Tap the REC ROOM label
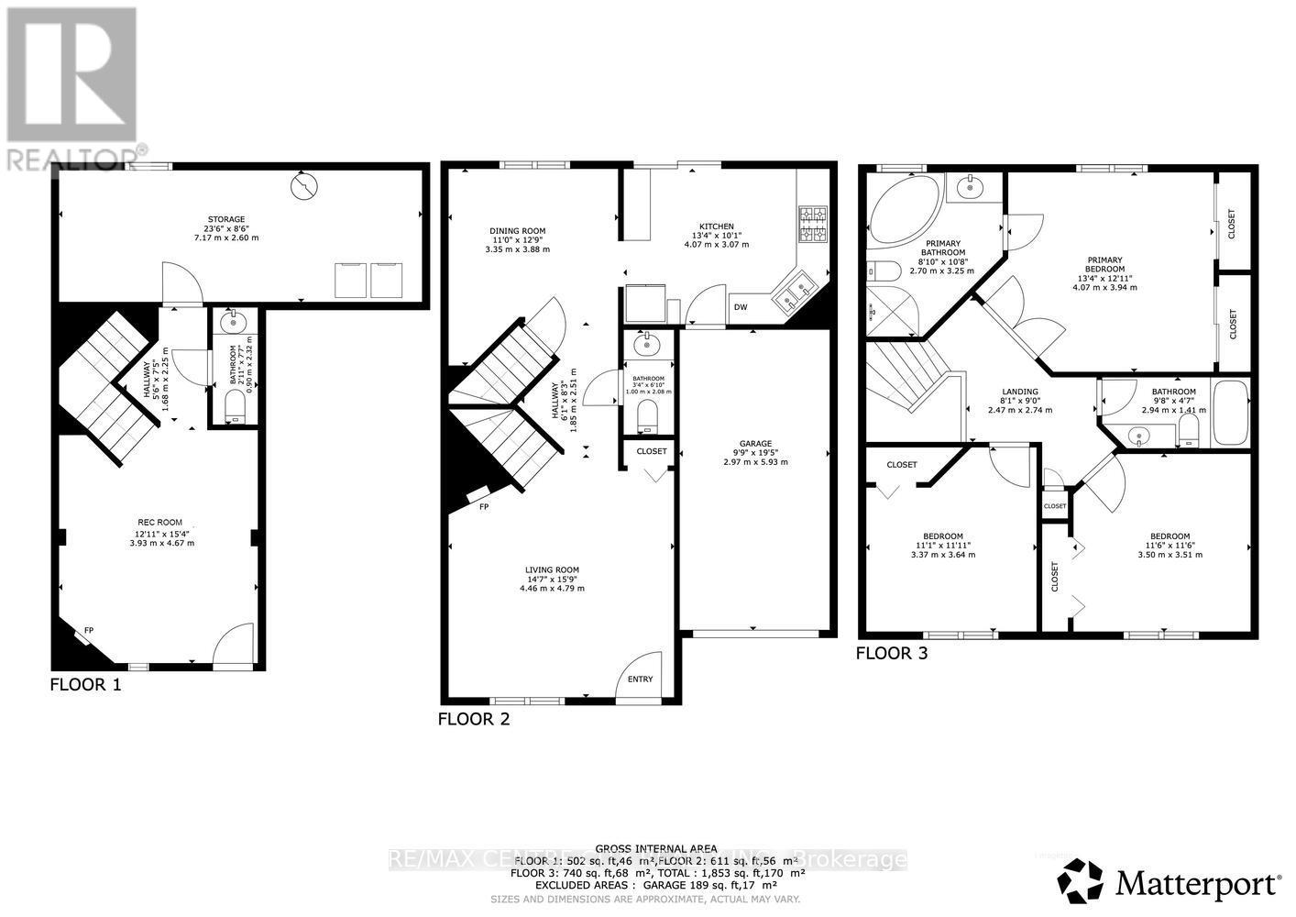pyautogui.click(x=161, y=523)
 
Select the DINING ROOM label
pyautogui.click(x=517, y=231)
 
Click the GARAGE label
pyautogui.click(x=755, y=444)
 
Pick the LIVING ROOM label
pyautogui.click(x=552, y=569)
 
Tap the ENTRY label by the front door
pyautogui.click(x=641, y=679)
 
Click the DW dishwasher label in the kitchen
pyautogui.click(x=741, y=307)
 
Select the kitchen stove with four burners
pyautogui.click(x=812, y=224)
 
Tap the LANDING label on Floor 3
pyautogui.click(x=1019, y=392)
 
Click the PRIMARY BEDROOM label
pyautogui.click(x=1104, y=265)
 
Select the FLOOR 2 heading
pyautogui.click(x=473, y=720)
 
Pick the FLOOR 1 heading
pyautogui.click(x=85, y=684)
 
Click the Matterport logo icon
pyautogui.click(x=1082, y=882)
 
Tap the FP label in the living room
pyautogui.click(x=483, y=506)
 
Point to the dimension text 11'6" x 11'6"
pyautogui.click(x=1170, y=546)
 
